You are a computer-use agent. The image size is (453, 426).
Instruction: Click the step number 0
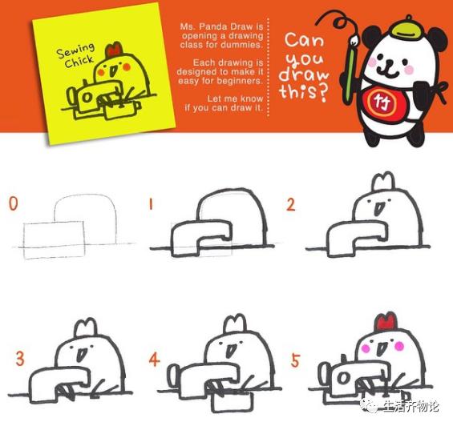14,203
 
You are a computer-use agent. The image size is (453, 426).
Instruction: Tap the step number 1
151,205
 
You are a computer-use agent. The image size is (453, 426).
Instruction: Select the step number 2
290,204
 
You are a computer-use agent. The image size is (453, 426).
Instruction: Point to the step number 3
20,359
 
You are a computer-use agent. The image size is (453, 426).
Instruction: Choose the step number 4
154,360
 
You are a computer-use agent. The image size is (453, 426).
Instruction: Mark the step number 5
295,360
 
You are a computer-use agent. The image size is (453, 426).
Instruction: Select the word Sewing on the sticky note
75,50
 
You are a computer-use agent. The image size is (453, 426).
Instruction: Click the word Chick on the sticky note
79,61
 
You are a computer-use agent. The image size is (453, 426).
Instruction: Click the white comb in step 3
86,328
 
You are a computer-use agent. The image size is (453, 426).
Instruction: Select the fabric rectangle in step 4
233,401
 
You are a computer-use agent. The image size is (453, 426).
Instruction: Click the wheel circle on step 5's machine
344,377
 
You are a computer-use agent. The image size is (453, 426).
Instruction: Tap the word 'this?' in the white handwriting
304,92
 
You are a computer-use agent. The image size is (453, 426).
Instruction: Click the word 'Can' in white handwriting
304,40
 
